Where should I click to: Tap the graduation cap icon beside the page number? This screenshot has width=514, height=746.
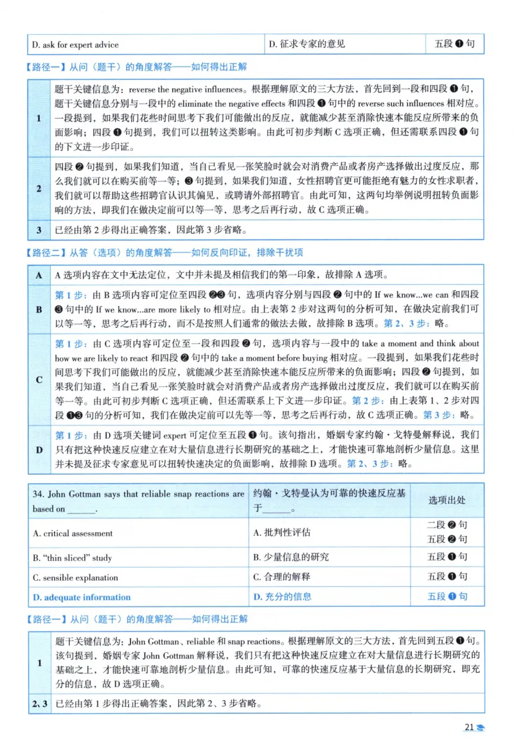tap(481, 728)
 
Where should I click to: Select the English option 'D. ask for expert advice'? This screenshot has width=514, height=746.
tap(75, 44)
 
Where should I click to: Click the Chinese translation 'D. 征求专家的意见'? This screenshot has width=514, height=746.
tap(306, 44)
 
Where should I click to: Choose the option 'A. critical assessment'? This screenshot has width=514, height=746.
tap(73, 533)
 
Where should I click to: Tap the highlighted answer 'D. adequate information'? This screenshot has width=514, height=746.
tap(82, 597)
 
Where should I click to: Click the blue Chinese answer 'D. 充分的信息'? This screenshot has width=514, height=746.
tap(283, 597)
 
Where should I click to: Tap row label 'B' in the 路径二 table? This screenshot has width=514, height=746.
tap(39, 309)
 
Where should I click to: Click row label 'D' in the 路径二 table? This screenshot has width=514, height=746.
tap(39, 450)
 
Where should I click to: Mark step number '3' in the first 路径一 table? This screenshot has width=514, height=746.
tap(39, 230)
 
